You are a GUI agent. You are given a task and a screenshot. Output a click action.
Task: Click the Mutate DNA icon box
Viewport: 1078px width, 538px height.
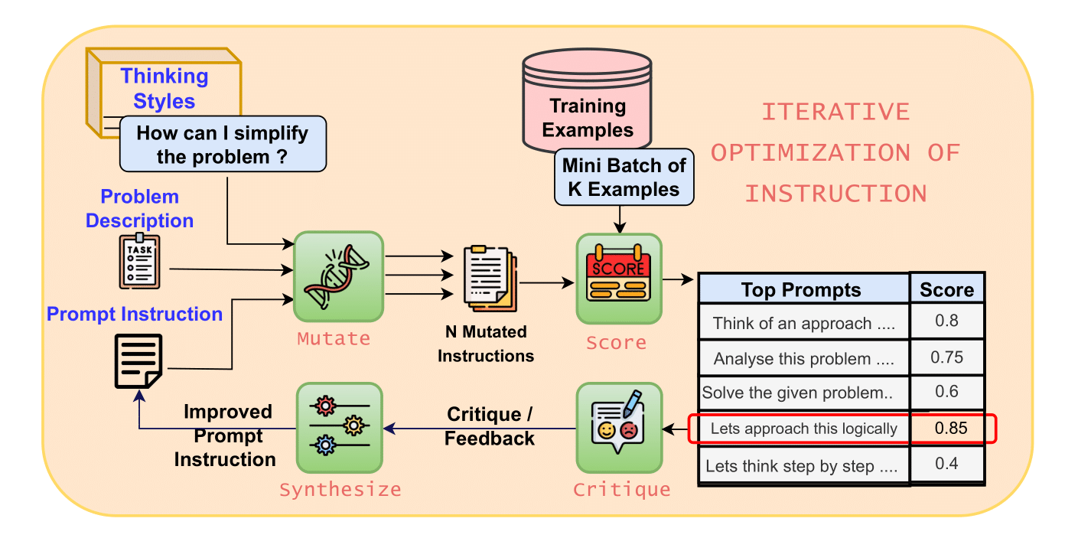coord(338,276)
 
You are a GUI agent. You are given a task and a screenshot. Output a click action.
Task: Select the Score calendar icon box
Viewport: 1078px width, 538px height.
coord(618,279)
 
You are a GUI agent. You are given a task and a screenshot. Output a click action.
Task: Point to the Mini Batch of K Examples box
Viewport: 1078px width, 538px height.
coord(624,177)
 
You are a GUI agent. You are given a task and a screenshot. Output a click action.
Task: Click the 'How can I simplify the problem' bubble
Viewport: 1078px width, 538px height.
coord(223,145)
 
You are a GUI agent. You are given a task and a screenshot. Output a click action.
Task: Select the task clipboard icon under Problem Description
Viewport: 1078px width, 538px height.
coord(140,262)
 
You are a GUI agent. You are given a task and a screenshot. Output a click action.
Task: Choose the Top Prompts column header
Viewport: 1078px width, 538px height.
coord(802,290)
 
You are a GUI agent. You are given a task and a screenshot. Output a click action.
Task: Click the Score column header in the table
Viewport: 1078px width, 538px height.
coord(946,290)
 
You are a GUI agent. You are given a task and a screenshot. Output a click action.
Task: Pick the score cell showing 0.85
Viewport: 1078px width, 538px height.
coord(951,428)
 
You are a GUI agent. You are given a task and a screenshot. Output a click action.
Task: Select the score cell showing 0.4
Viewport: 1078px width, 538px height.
coord(946,464)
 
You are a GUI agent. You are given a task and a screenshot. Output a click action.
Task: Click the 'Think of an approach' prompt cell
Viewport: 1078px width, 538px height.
coord(803,323)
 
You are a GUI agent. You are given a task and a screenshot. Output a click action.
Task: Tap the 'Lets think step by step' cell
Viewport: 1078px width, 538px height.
coord(801,466)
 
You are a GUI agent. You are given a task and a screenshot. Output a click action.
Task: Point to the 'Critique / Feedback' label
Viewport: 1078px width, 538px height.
coord(490,426)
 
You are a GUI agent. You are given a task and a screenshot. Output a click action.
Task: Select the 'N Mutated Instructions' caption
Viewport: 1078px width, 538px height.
coord(486,344)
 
